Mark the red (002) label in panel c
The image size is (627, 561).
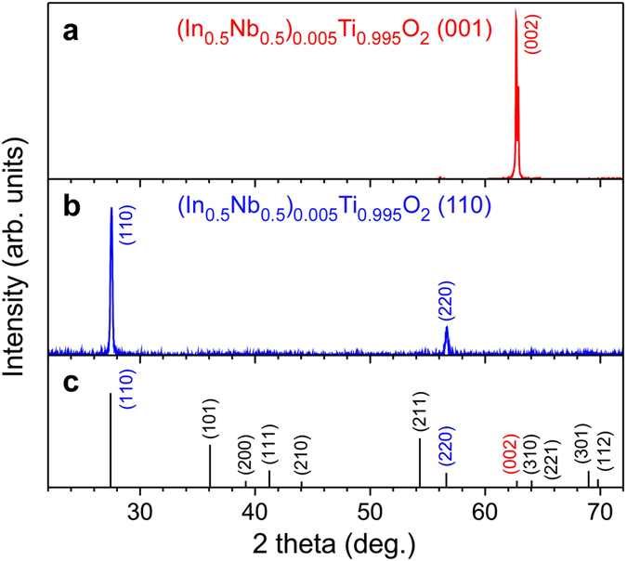click(x=512, y=452)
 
